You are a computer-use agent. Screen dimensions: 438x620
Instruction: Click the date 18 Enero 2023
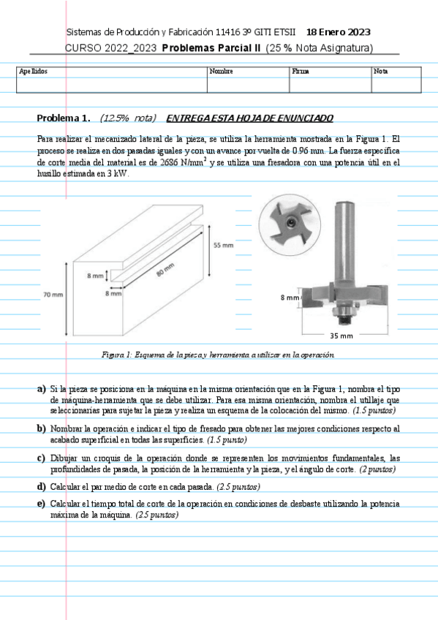[x=339, y=32]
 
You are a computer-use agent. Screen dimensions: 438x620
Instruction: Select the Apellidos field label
[x=33, y=71]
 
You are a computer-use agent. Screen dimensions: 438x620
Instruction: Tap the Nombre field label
[x=221, y=71]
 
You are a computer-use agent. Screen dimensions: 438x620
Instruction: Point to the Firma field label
[x=301, y=71]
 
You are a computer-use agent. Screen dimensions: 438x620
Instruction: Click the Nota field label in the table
[x=381, y=71]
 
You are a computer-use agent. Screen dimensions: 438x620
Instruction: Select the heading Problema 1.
[x=63, y=118]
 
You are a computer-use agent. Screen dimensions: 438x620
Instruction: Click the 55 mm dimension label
[x=223, y=245]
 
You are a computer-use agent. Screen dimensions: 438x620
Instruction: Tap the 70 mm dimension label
[x=53, y=295]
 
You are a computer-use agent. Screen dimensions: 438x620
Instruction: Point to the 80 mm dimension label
[x=165, y=269]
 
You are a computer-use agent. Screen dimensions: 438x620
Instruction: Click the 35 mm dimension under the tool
[x=341, y=336]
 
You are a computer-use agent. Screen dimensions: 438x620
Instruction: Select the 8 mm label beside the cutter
[x=290, y=298]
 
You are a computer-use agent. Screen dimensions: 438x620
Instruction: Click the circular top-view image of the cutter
[x=290, y=224]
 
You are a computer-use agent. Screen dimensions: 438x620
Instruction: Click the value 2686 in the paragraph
[x=169, y=162]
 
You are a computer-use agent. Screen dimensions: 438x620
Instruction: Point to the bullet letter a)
[x=42, y=389]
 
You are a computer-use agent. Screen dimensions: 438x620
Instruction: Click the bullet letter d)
[x=42, y=487]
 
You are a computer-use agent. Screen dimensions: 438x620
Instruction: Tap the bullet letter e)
[x=42, y=504]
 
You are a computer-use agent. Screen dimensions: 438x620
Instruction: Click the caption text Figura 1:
[x=116, y=355]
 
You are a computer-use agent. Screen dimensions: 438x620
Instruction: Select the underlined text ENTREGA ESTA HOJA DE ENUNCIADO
[x=250, y=118]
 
